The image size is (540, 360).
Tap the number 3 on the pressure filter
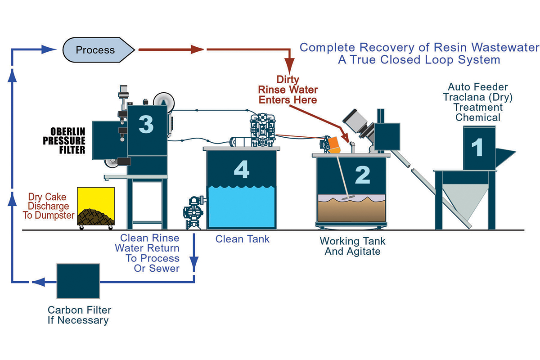[146, 124]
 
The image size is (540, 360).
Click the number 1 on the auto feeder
[476, 147]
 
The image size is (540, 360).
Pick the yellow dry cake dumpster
[96, 207]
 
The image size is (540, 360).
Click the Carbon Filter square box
[78, 281]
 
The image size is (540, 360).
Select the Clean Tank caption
[243, 239]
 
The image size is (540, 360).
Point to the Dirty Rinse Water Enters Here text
[294, 90]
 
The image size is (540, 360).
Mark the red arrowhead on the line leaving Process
[197, 49]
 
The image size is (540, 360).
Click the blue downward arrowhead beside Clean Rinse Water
[194, 261]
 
